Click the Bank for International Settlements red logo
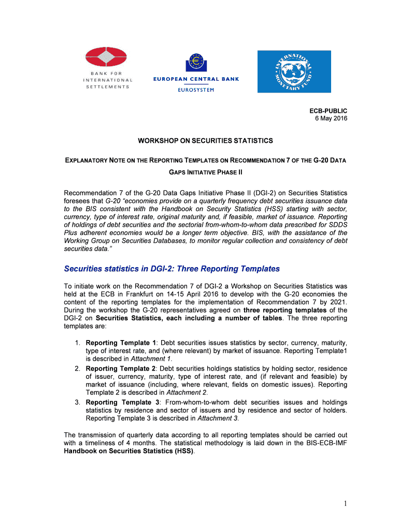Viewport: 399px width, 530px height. tap(106, 57)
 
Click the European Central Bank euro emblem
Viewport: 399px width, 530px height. tap(195, 63)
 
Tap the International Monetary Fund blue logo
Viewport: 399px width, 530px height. tap(294, 71)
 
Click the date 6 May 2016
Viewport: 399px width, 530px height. tap(331, 119)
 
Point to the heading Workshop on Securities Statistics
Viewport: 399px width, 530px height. tap(205, 141)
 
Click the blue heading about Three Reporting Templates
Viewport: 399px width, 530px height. tap(172, 269)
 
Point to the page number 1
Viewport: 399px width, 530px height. tap(344, 504)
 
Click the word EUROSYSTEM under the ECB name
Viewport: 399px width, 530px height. tap(195, 90)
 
